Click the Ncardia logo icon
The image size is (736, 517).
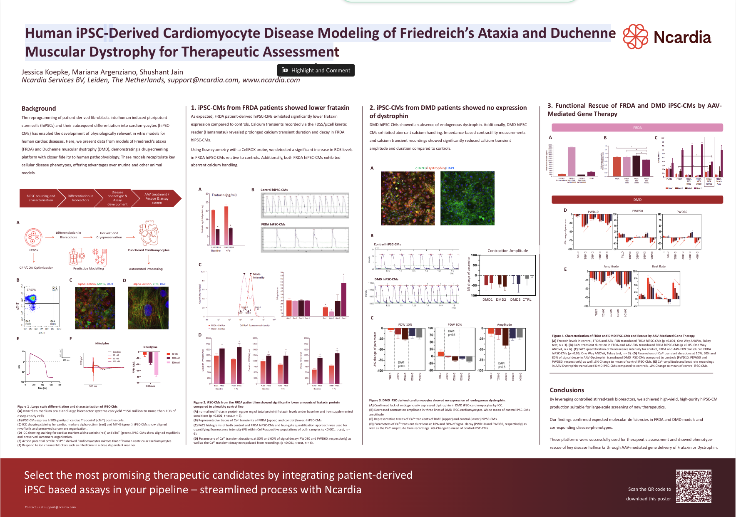pos(635,36)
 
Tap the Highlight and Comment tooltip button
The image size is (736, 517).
pos(316,70)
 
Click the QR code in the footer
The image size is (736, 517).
pos(693,486)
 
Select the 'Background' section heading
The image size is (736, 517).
pos(39,108)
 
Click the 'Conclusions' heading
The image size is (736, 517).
pos(567,390)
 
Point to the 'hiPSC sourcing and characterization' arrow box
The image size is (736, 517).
pos(41,198)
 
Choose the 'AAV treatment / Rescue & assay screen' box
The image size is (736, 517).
pos(157,198)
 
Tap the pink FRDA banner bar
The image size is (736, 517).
pos(637,128)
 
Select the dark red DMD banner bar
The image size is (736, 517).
pos(637,200)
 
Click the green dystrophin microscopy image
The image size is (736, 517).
pos(467,198)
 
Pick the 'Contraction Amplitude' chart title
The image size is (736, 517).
pos(507,251)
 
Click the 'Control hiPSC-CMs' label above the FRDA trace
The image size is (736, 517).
pos(274,190)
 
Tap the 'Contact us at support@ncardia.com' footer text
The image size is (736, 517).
pos(50,507)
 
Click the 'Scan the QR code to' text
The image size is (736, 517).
pos(649,489)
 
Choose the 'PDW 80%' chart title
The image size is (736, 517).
pos(455,324)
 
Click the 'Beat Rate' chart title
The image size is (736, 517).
pos(659,266)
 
